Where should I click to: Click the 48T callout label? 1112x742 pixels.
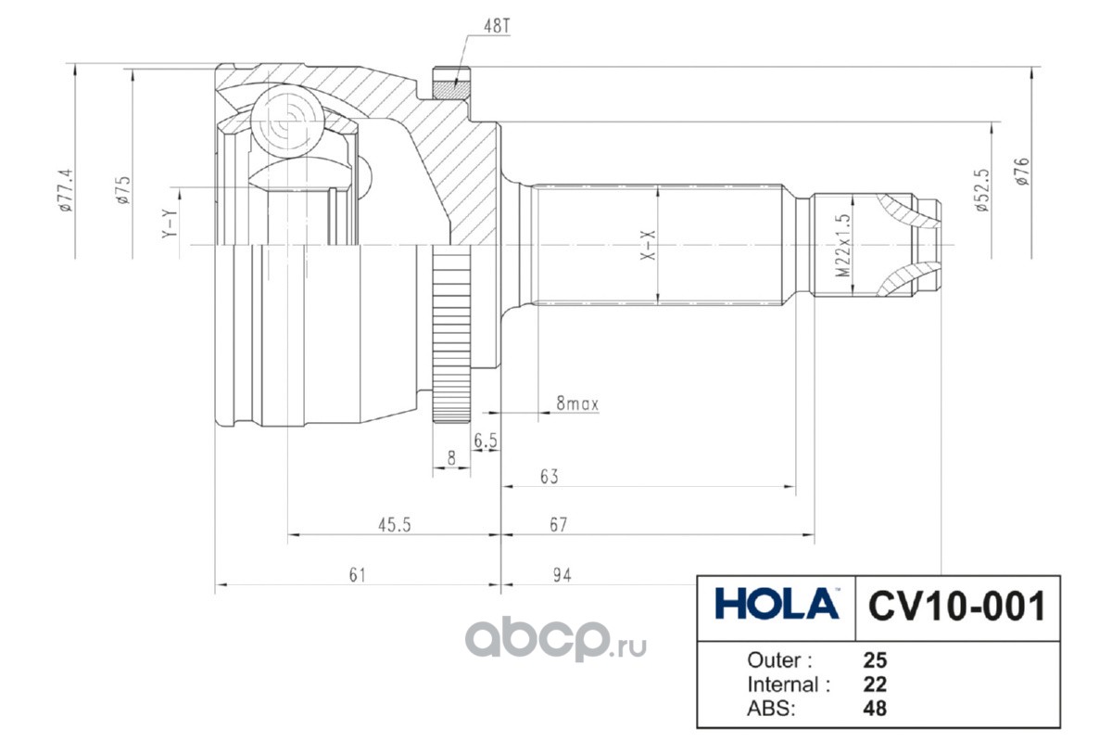[x=497, y=26]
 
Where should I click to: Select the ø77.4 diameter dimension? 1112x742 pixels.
[x=66, y=190]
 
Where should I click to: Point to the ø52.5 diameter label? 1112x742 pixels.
[x=982, y=190]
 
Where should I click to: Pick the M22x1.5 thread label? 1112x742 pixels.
[x=843, y=246]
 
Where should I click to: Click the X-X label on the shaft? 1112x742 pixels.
[x=648, y=245]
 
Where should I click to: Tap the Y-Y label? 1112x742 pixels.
[x=170, y=224]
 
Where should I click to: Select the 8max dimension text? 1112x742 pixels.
[x=577, y=403]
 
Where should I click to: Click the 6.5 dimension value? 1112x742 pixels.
[x=485, y=441]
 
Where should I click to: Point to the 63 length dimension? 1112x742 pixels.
[x=549, y=477]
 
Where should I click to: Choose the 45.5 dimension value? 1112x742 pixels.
[x=395, y=525]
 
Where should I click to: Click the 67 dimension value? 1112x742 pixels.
[x=559, y=525]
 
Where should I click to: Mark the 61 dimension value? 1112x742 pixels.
[x=358, y=575]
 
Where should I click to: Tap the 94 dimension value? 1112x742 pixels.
[x=562, y=575]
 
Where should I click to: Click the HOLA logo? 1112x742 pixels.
[x=777, y=604]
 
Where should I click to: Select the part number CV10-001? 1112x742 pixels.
[x=956, y=607]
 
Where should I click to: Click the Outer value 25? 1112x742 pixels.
[x=875, y=660]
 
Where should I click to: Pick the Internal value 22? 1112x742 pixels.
[x=875, y=684]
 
